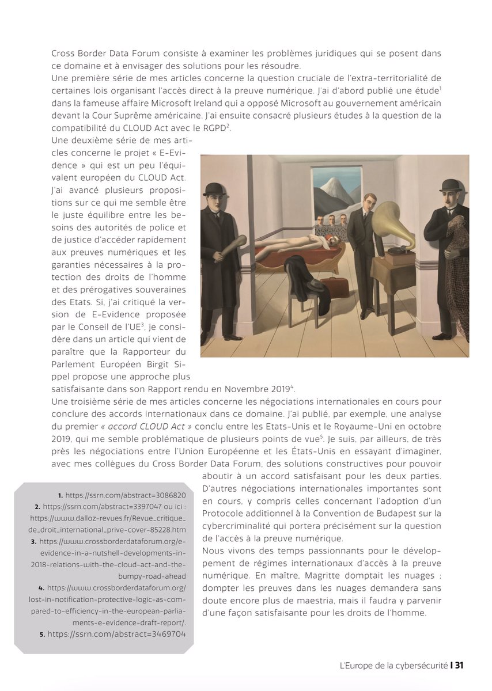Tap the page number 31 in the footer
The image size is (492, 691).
tap(459, 665)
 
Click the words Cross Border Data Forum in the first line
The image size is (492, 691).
tap(97, 54)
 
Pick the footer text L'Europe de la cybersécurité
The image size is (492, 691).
tap(393, 665)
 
